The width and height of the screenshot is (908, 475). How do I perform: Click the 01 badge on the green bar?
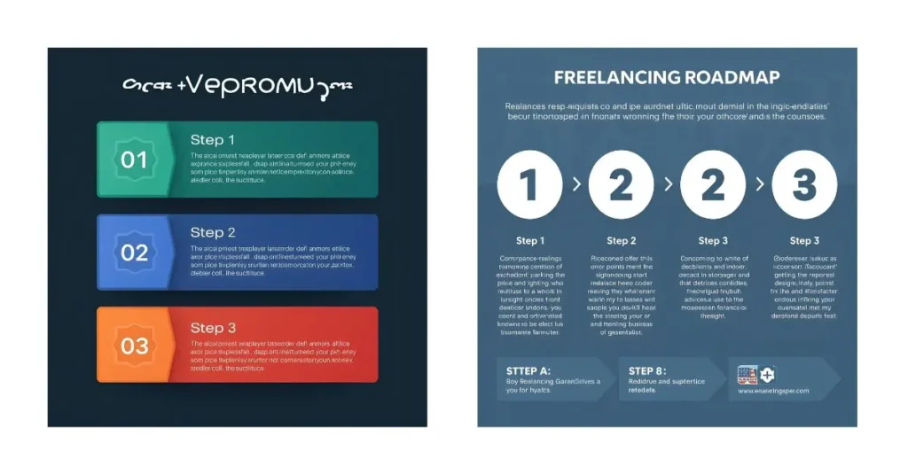pos(134,160)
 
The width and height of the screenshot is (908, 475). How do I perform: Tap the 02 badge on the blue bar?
pos(134,253)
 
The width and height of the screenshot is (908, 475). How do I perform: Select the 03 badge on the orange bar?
pos(134,345)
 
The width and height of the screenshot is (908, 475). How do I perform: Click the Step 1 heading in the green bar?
pos(213,140)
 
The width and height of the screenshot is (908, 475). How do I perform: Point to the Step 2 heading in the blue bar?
pos(213,233)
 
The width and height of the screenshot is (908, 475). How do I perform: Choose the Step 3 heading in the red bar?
pos(213,328)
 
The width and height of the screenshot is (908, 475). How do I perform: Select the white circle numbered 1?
pos(529,185)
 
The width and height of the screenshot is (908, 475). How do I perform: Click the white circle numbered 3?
pos(804,185)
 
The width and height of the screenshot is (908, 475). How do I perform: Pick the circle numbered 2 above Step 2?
pos(622,185)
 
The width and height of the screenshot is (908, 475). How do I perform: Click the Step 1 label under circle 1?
pos(530,241)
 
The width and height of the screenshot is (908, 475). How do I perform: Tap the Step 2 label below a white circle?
pos(622,241)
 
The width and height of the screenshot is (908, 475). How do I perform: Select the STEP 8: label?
pos(654,370)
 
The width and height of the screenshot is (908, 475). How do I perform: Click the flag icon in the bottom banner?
pos(748,374)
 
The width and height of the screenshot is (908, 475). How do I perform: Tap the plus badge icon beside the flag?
pos(767,374)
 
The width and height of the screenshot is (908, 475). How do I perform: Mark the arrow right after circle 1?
pos(576,185)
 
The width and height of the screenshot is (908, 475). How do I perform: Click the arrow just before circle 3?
pos(760,185)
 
